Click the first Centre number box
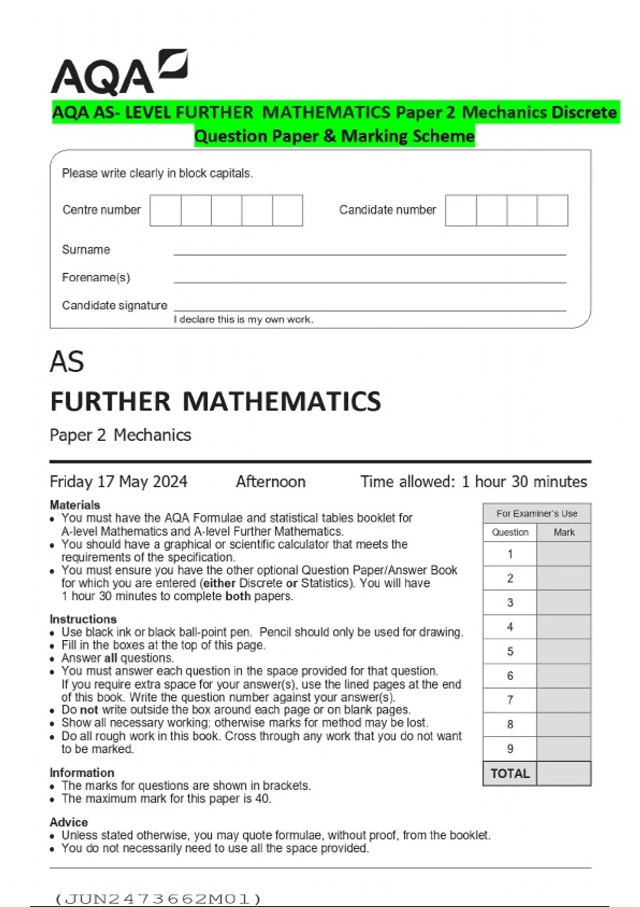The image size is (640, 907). pos(165,211)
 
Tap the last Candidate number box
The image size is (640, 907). pos(553,211)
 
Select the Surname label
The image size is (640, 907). pos(86,250)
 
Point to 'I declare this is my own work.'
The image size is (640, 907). pos(243,320)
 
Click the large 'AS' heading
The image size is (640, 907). pos(67,362)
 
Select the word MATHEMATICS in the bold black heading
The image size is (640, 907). pos(282,402)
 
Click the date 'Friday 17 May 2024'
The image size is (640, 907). pos(118,482)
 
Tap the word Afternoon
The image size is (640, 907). pos(270,482)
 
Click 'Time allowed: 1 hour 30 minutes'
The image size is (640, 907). pos(473,482)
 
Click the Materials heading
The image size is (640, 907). pos(75,505)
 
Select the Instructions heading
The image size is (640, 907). pos(83,619)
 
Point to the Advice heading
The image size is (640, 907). pos(68,822)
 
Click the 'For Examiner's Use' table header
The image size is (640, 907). pos(537,513)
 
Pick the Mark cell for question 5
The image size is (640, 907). pos(564,651)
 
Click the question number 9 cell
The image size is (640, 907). pos(510,749)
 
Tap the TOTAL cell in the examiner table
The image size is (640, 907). pos(510,774)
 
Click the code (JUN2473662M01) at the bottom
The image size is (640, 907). pos(158,899)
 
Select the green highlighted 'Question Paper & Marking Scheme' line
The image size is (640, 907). pos(334,137)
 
